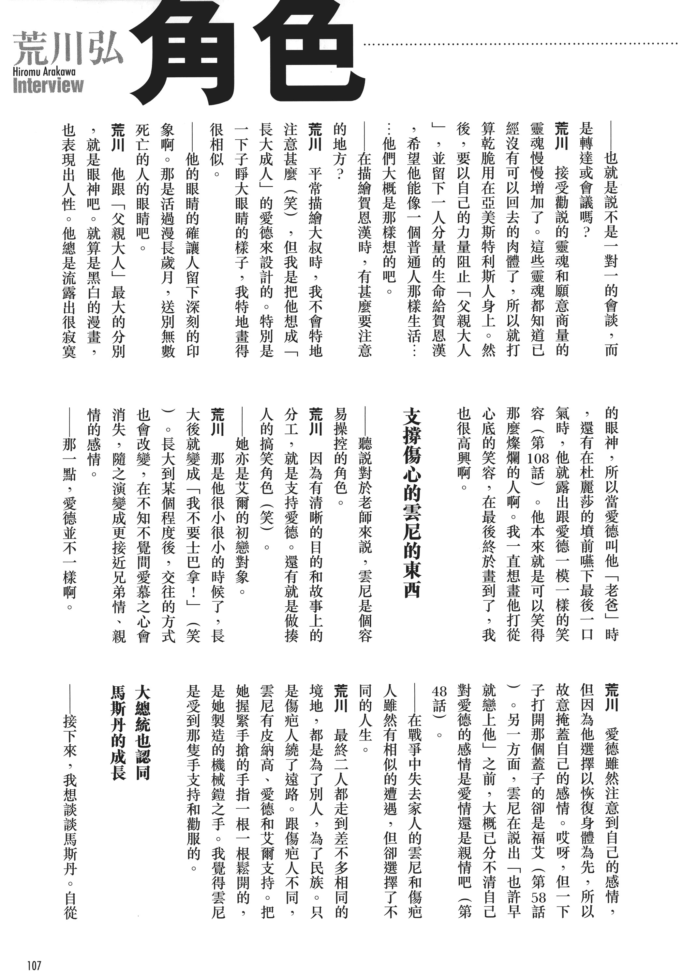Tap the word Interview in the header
(48, 86)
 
